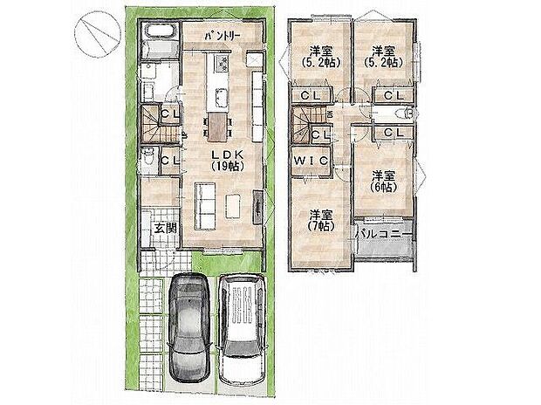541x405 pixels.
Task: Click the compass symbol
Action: click(x=96, y=35)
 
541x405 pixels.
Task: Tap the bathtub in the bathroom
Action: click(x=159, y=41)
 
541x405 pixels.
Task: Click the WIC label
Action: click(x=310, y=161)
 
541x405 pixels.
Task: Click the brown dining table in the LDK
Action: click(x=216, y=127)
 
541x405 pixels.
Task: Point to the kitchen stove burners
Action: click(x=218, y=65)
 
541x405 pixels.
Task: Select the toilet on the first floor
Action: click(x=149, y=160)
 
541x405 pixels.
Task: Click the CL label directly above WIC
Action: click(x=319, y=134)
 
